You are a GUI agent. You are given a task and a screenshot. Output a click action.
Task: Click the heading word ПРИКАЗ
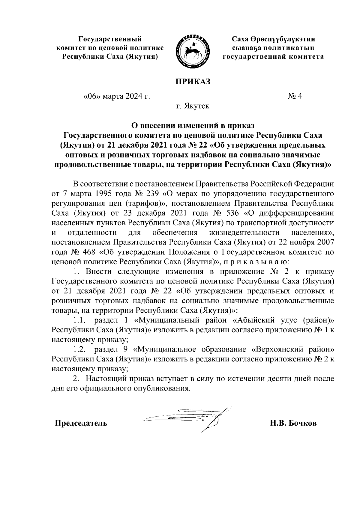[193, 81]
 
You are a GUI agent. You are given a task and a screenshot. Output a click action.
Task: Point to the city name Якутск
[197, 106]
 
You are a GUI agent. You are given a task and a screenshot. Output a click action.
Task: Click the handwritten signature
[192, 418]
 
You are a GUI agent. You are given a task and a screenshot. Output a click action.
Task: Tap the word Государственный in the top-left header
[110, 39]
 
